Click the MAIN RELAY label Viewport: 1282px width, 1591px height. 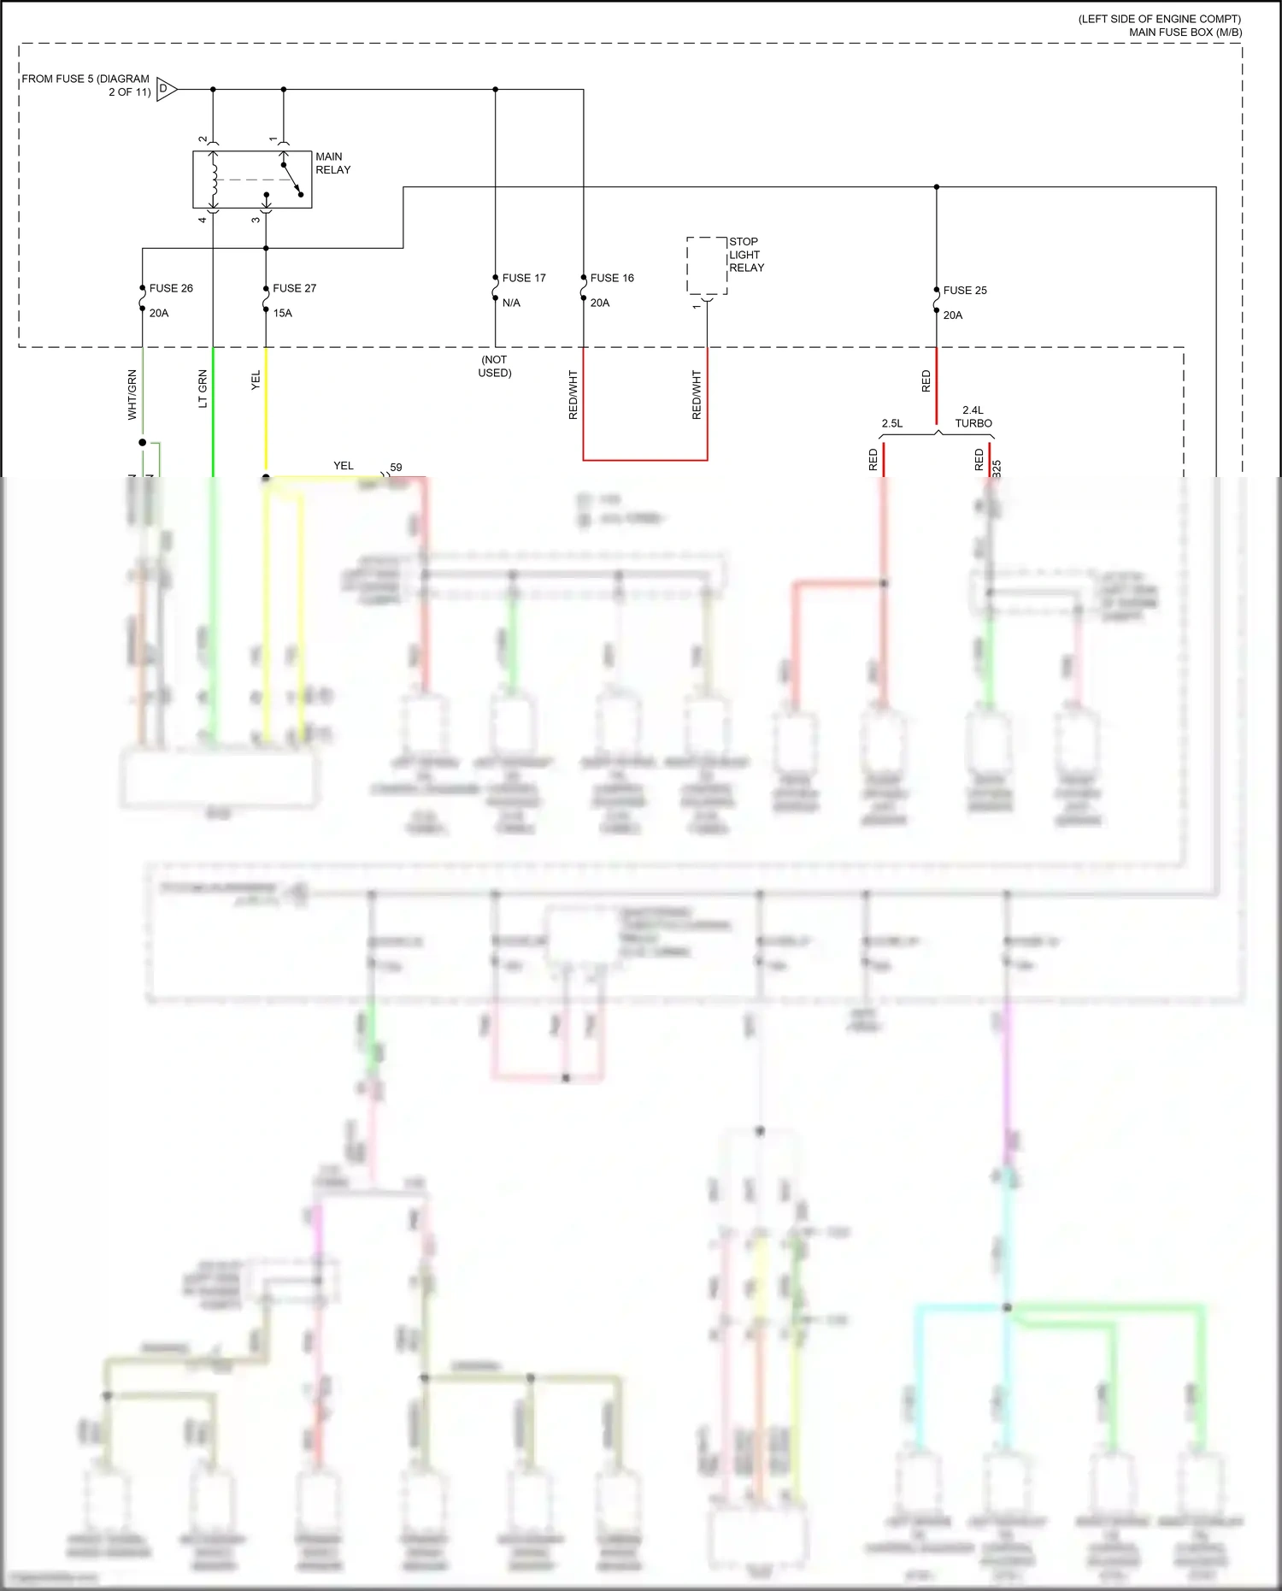click(332, 163)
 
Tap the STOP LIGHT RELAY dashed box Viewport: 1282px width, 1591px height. click(707, 266)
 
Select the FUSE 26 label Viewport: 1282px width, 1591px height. click(171, 288)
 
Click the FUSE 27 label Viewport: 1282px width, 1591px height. click(294, 288)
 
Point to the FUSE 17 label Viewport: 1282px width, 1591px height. click(523, 278)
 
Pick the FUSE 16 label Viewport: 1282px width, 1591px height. click(612, 278)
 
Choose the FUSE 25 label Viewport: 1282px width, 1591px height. click(965, 291)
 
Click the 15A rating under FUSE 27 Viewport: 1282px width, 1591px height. click(283, 313)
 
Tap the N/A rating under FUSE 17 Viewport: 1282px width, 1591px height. click(511, 303)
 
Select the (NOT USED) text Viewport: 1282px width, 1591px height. click(495, 366)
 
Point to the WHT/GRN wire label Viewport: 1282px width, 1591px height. click(132, 394)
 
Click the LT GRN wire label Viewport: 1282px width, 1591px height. click(203, 388)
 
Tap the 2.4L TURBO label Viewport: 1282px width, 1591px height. click(973, 416)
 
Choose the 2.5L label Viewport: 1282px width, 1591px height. click(892, 423)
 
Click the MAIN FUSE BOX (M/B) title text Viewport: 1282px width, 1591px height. click(1185, 32)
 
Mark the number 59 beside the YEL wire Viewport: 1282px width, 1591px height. click(396, 468)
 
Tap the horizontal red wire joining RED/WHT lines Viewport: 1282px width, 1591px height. click(645, 460)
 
